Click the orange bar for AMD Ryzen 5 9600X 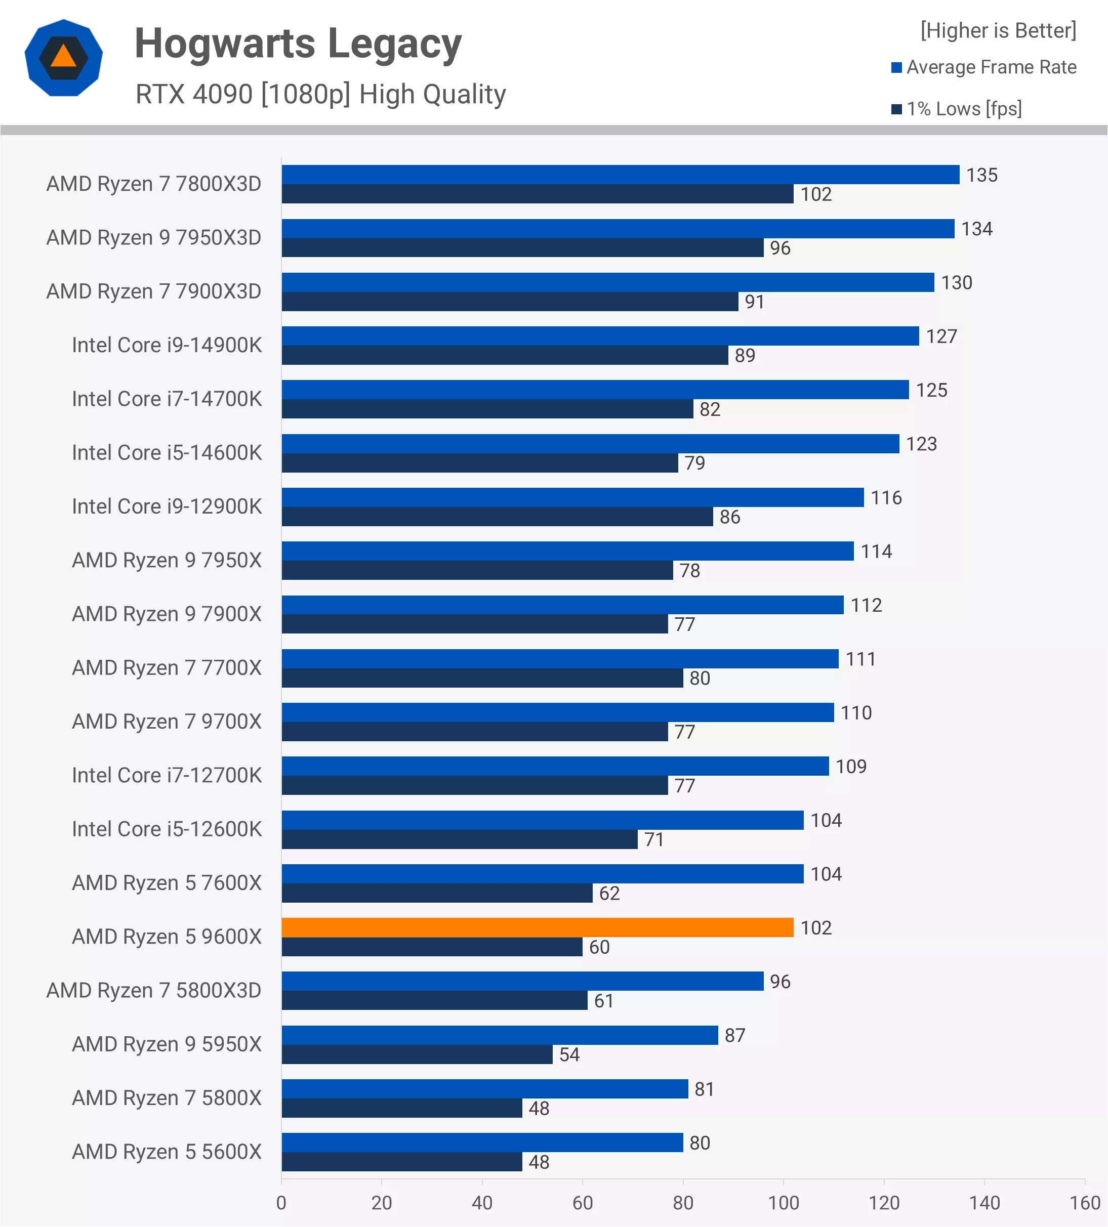[x=537, y=927]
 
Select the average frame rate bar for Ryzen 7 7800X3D [x=620, y=175]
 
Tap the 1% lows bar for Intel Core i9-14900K [x=504, y=355]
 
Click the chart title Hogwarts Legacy [x=298, y=44]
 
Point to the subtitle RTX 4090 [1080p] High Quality [x=320, y=94]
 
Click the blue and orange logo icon [x=63, y=58]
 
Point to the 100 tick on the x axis [x=783, y=1203]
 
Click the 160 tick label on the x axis [x=1084, y=1203]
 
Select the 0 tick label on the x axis [x=281, y=1203]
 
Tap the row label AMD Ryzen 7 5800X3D [x=153, y=990]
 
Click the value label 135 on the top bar [x=981, y=175]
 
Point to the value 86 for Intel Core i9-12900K [x=729, y=517]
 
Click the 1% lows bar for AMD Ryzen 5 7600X [x=436, y=893]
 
